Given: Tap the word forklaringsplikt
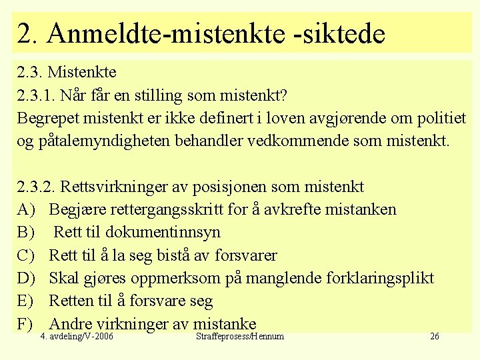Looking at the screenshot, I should tap(380, 278).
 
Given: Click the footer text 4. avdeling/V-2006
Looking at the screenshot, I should tap(77, 337).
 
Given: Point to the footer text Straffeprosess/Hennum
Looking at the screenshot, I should tap(240, 337).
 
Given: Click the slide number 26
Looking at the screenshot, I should tap(434, 337).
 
